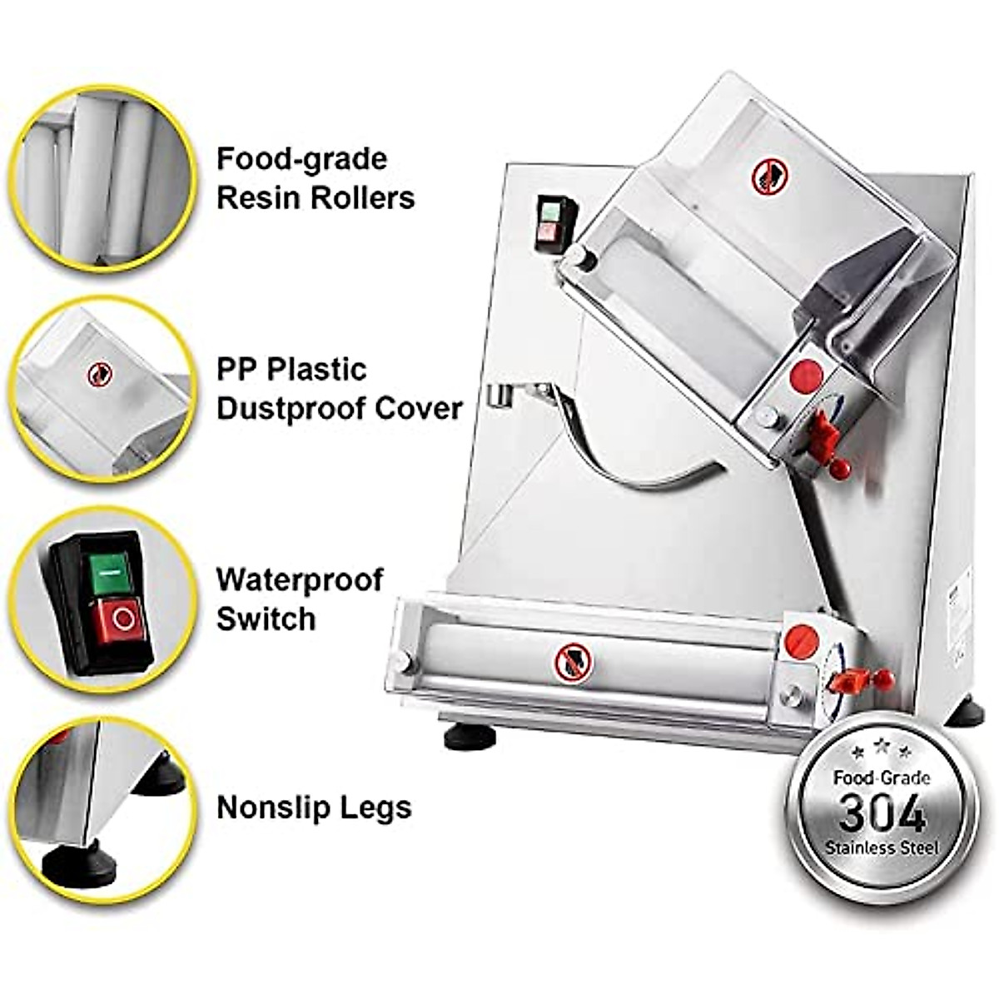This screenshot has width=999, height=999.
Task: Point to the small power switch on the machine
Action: point(549,222)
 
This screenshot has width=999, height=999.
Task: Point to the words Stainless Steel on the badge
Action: point(882,848)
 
